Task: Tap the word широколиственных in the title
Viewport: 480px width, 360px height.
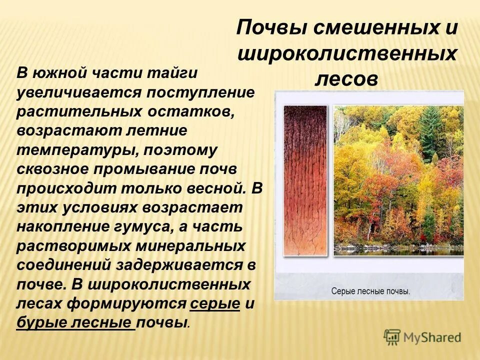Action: tap(346, 53)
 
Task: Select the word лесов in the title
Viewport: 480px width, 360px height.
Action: tap(346, 79)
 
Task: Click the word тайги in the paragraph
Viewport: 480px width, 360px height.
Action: tap(171, 73)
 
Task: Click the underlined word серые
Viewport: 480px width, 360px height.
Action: tap(215, 303)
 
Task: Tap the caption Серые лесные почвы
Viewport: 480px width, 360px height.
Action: tap(370, 291)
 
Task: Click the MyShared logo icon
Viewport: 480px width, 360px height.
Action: tap(392, 337)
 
